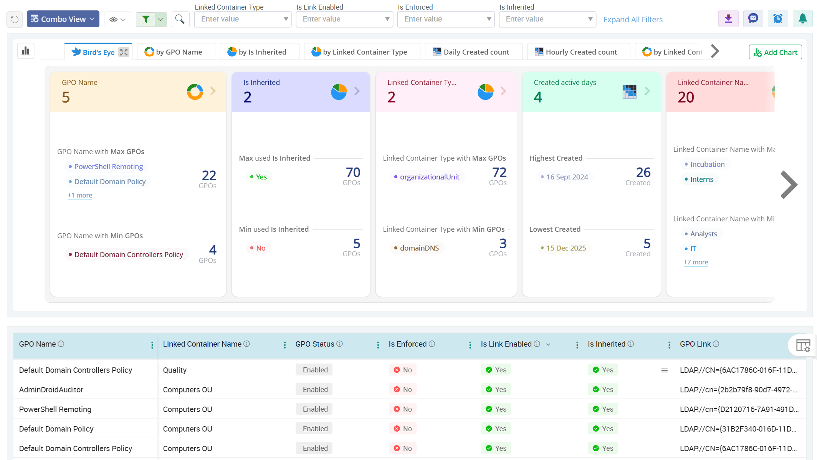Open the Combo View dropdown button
pyautogui.click(x=63, y=19)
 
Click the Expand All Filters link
pyautogui.click(x=633, y=20)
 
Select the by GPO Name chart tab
pyautogui.click(x=174, y=52)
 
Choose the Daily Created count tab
pyautogui.click(x=471, y=52)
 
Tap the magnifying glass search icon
pyautogui.click(x=180, y=19)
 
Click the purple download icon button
pyautogui.click(x=728, y=18)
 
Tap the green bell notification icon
pyautogui.click(x=802, y=18)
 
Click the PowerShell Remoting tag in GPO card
pyautogui.click(x=108, y=166)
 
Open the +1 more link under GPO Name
pyautogui.click(x=80, y=195)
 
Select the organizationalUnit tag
pyautogui.click(x=429, y=177)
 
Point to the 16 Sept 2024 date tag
pyautogui.click(x=567, y=177)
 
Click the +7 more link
pyautogui.click(x=696, y=262)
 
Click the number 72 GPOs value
pyautogui.click(x=499, y=173)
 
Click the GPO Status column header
pyautogui.click(x=315, y=344)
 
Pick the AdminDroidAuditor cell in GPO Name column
pyautogui.click(x=51, y=390)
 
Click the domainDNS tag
pyautogui.click(x=419, y=248)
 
